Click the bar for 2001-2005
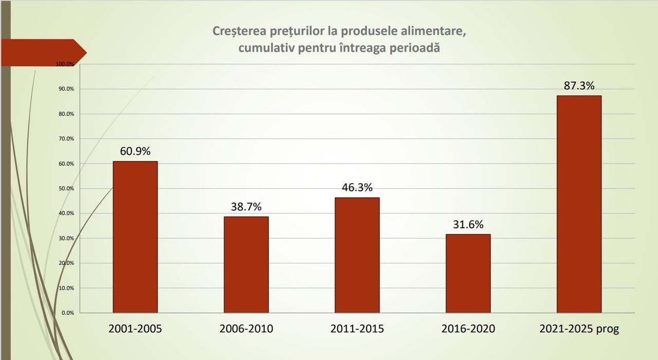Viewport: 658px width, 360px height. click(x=135, y=237)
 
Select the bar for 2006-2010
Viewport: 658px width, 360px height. click(x=246, y=264)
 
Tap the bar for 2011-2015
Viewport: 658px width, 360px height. click(x=357, y=255)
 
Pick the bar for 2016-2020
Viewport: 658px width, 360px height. click(x=468, y=273)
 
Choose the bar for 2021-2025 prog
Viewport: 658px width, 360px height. click(x=579, y=204)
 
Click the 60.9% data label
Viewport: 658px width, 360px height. click(x=135, y=151)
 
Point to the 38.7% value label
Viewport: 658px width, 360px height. click(x=246, y=207)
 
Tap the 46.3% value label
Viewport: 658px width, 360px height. click(x=357, y=188)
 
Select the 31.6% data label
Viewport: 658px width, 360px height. click(x=468, y=225)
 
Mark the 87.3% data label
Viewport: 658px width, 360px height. click(x=579, y=86)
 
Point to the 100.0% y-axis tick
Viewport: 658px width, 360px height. click(x=65, y=64)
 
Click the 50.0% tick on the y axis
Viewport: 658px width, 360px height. click(x=66, y=189)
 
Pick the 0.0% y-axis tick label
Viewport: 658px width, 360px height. click(x=68, y=313)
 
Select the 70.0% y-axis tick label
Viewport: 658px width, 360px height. click(x=66, y=139)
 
